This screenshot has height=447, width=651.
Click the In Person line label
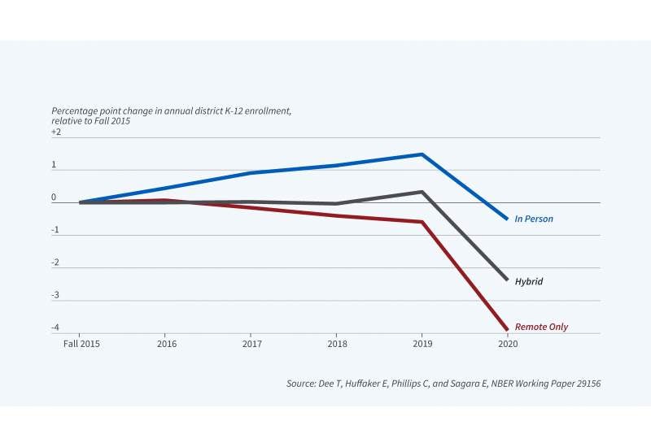[534, 219]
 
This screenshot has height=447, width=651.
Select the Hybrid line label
[528, 282]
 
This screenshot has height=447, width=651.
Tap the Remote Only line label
[541, 328]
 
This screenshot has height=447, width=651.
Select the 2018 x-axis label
[336, 344]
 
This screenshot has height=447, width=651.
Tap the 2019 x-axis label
[422, 344]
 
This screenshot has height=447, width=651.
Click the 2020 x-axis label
[507, 344]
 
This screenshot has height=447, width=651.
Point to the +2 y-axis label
[56, 132]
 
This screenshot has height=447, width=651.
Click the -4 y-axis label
[55, 328]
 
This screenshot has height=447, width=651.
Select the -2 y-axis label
[55, 263]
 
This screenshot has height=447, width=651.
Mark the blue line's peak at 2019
[422, 154]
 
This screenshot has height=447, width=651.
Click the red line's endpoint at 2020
[507, 329]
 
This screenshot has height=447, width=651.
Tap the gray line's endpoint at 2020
[507, 280]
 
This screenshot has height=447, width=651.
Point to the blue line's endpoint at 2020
[507, 219]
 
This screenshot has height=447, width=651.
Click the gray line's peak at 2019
[422, 192]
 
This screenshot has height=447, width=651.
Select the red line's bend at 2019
[422, 222]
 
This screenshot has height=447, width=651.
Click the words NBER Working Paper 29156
[545, 382]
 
